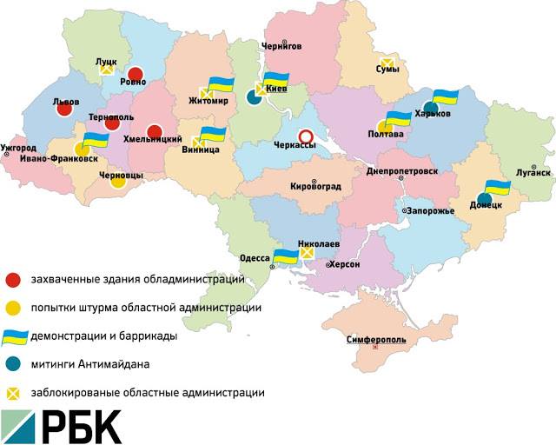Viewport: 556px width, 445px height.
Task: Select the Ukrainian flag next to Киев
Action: coord(276,80)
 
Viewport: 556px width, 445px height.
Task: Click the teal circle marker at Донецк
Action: coord(485,200)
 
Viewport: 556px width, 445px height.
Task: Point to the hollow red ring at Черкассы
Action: coord(305,136)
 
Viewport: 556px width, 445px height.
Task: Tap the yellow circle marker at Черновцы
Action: coord(118,182)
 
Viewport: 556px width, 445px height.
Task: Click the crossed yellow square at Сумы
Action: coord(388,63)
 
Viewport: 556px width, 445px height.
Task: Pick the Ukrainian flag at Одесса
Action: coord(285,256)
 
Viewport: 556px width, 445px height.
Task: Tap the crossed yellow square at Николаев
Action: coord(306,253)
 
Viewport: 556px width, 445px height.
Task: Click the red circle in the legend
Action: coord(13,280)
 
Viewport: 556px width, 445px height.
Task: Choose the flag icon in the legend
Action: coord(14,336)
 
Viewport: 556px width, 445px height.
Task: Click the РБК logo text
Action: coord(83,425)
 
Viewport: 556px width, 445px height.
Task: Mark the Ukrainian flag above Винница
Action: coord(213,135)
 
